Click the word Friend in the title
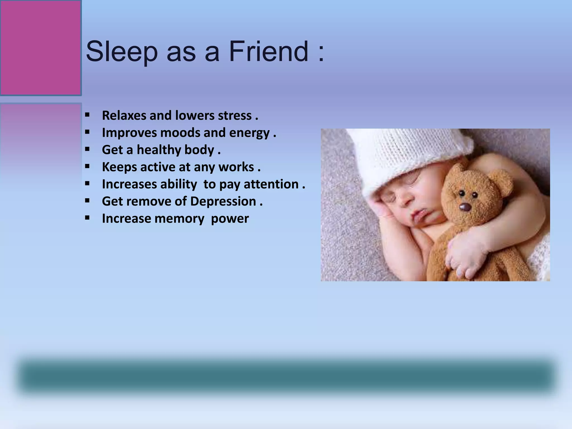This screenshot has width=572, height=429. pyautogui.click(x=269, y=51)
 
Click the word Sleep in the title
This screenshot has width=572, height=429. pyautogui.click(x=122, y=52)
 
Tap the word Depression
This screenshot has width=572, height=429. pyautogui.click(x=223, y=201)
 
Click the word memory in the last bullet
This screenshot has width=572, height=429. pyautogui.click(x=179, y=219)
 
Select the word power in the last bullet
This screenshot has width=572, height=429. pyautogui.click(x=230, y=219)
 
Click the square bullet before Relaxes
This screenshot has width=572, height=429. pyautogui.click(x=87, y=115)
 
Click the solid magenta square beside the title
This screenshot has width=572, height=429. pyautogui.click(x=41, y=48)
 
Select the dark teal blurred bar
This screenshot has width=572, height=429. pyautogui.click(x=286, y=376)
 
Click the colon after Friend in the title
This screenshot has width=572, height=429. pyautogui.click(x=321, y=53)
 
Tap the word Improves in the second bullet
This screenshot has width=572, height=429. pyautogui.click(x=129, y=133)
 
